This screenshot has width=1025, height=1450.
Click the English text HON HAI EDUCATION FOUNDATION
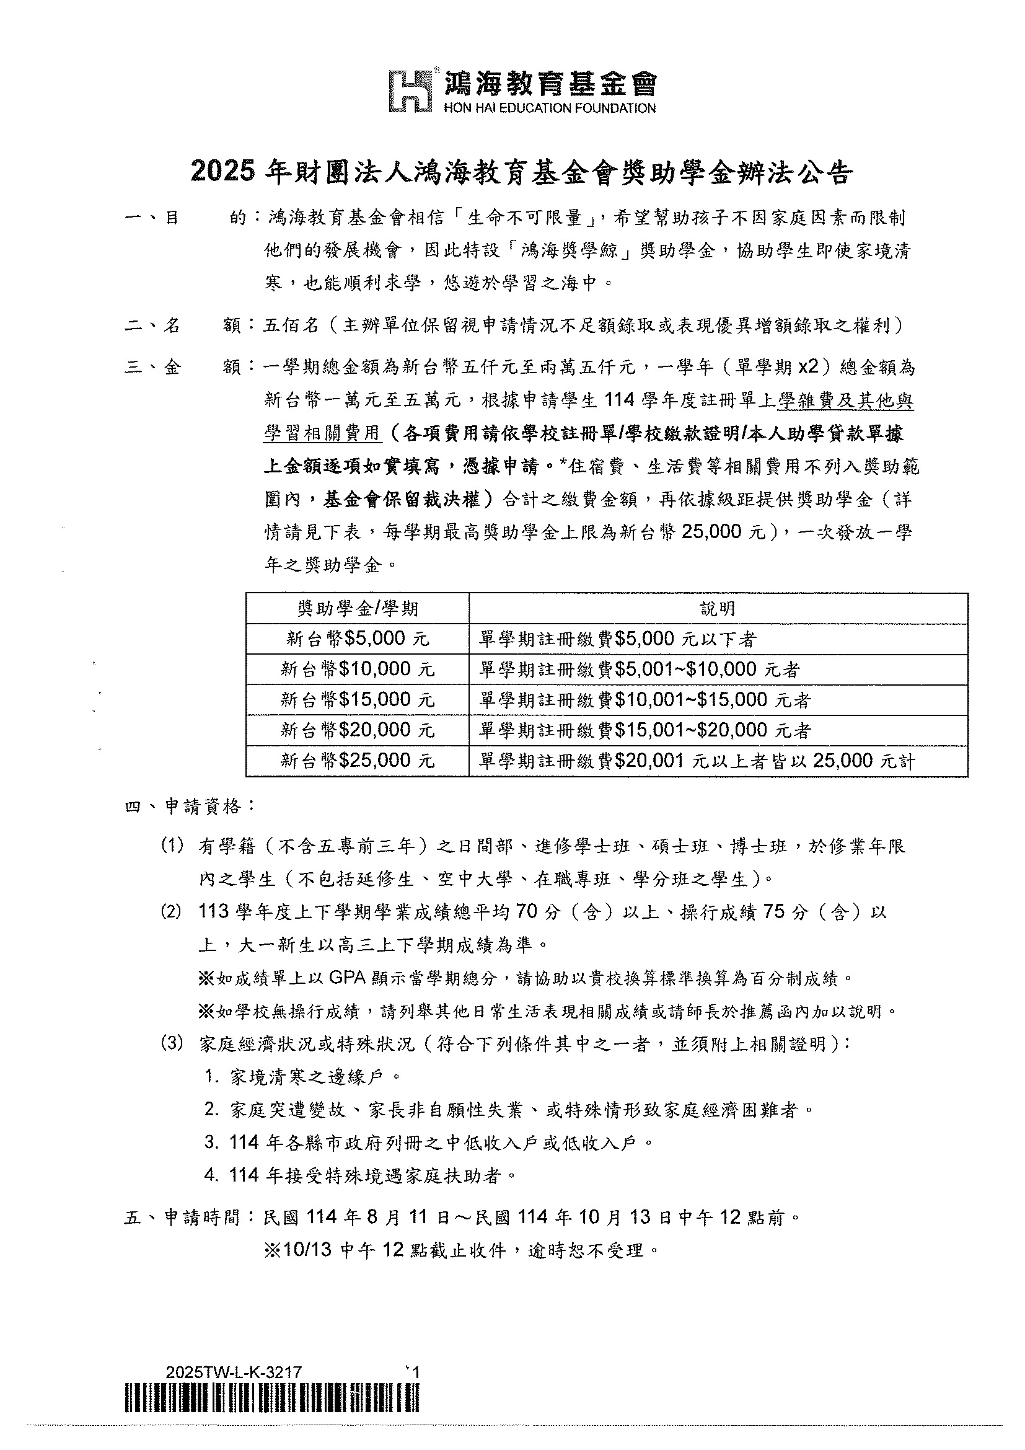[550, 108]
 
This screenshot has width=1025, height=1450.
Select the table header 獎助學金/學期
[357, 608]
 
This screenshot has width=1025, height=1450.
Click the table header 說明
[718, 608]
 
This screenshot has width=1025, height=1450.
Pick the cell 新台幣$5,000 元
[357, 639]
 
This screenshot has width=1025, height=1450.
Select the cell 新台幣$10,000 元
[357, 669]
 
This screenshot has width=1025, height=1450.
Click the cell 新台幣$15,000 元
[357, 699]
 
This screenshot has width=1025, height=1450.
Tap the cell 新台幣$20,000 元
[357, 730]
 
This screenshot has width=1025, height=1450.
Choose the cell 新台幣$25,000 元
[357, 761]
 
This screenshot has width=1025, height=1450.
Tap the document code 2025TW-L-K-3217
[233, 1373]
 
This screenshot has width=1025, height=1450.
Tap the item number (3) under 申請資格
[172, 1044]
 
